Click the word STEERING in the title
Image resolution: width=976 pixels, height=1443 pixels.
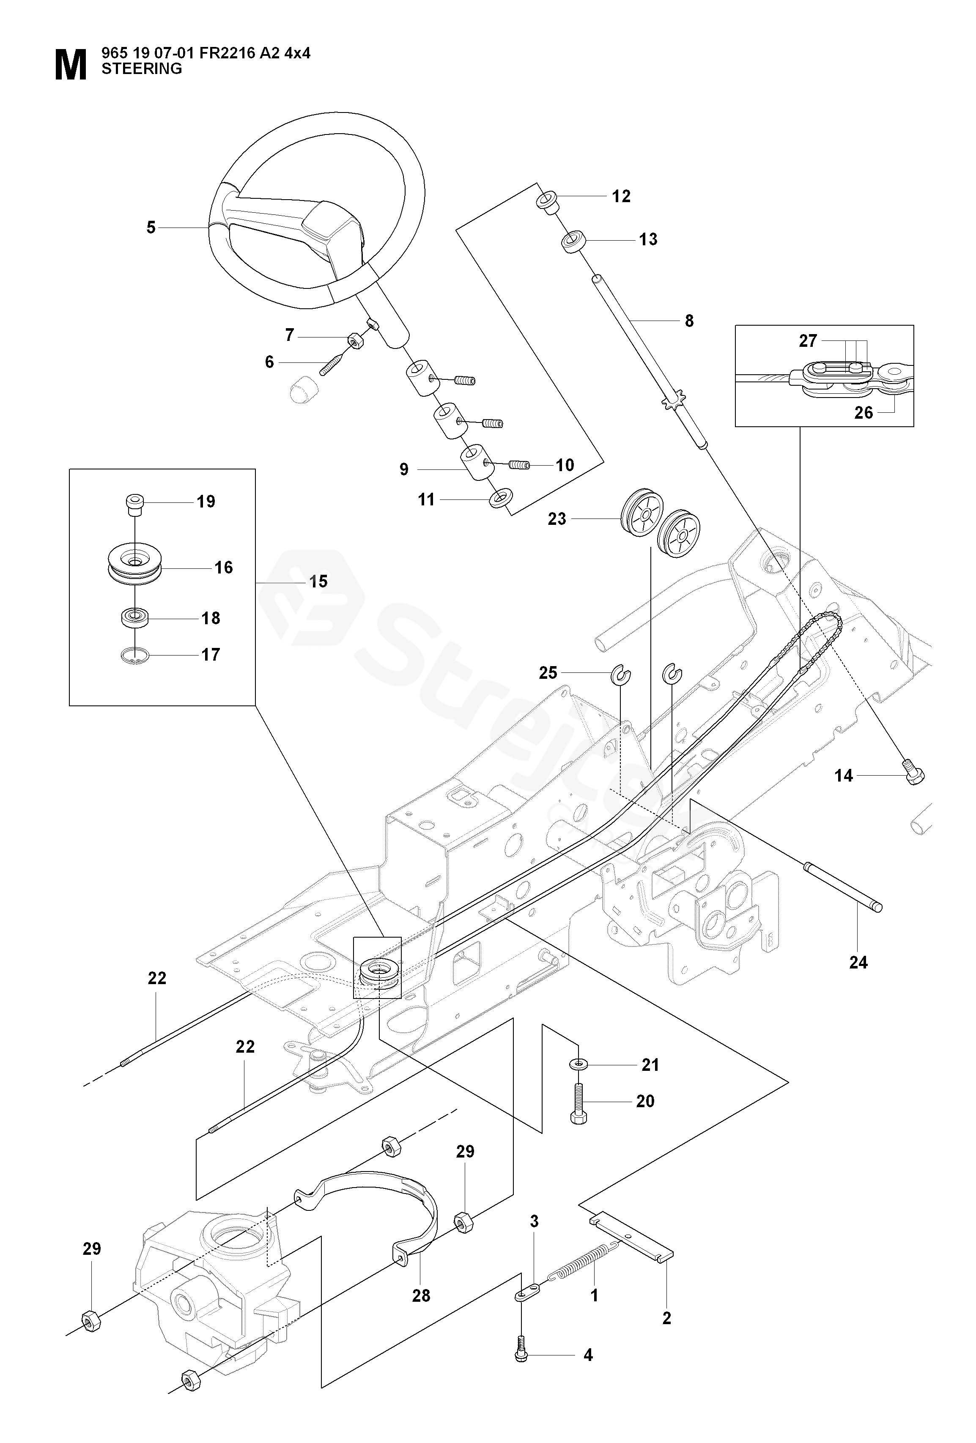(142, 69)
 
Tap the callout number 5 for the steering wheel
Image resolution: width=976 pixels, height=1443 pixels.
(151, 228)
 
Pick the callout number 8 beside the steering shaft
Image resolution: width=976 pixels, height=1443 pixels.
(688, 321)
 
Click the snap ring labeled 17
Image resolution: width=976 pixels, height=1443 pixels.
(134, 656)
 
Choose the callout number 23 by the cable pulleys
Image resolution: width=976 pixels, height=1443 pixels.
(557, 518)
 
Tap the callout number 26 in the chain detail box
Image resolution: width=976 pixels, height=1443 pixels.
(863, 412)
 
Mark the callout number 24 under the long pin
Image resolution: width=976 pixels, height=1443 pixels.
(858, 963)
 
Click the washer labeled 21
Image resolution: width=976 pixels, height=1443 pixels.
(578, 1064)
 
